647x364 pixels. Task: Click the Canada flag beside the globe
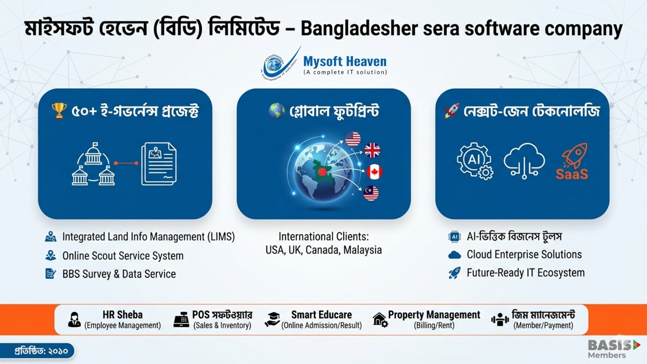[374, 172]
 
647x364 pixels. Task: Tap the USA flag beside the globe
[353, 139]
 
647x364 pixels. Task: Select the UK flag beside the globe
[372, 150]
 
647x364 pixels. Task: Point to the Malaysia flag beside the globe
[371, 193]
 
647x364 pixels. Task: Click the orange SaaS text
[572, 174]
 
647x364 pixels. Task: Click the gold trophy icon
[59, 110]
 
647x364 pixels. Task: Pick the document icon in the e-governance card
[159, 164]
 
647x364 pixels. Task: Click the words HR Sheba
[123, 315]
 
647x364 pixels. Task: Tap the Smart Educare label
[321, 315]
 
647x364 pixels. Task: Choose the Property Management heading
[434, 315]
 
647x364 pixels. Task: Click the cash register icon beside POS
[181, 320]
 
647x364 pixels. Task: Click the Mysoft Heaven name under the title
[345, 61]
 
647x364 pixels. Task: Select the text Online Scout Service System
[123, 256]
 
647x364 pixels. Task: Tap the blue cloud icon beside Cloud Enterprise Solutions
[455, 255]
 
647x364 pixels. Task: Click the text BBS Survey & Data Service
[119, 274]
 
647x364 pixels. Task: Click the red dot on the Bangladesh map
[322, 172]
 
